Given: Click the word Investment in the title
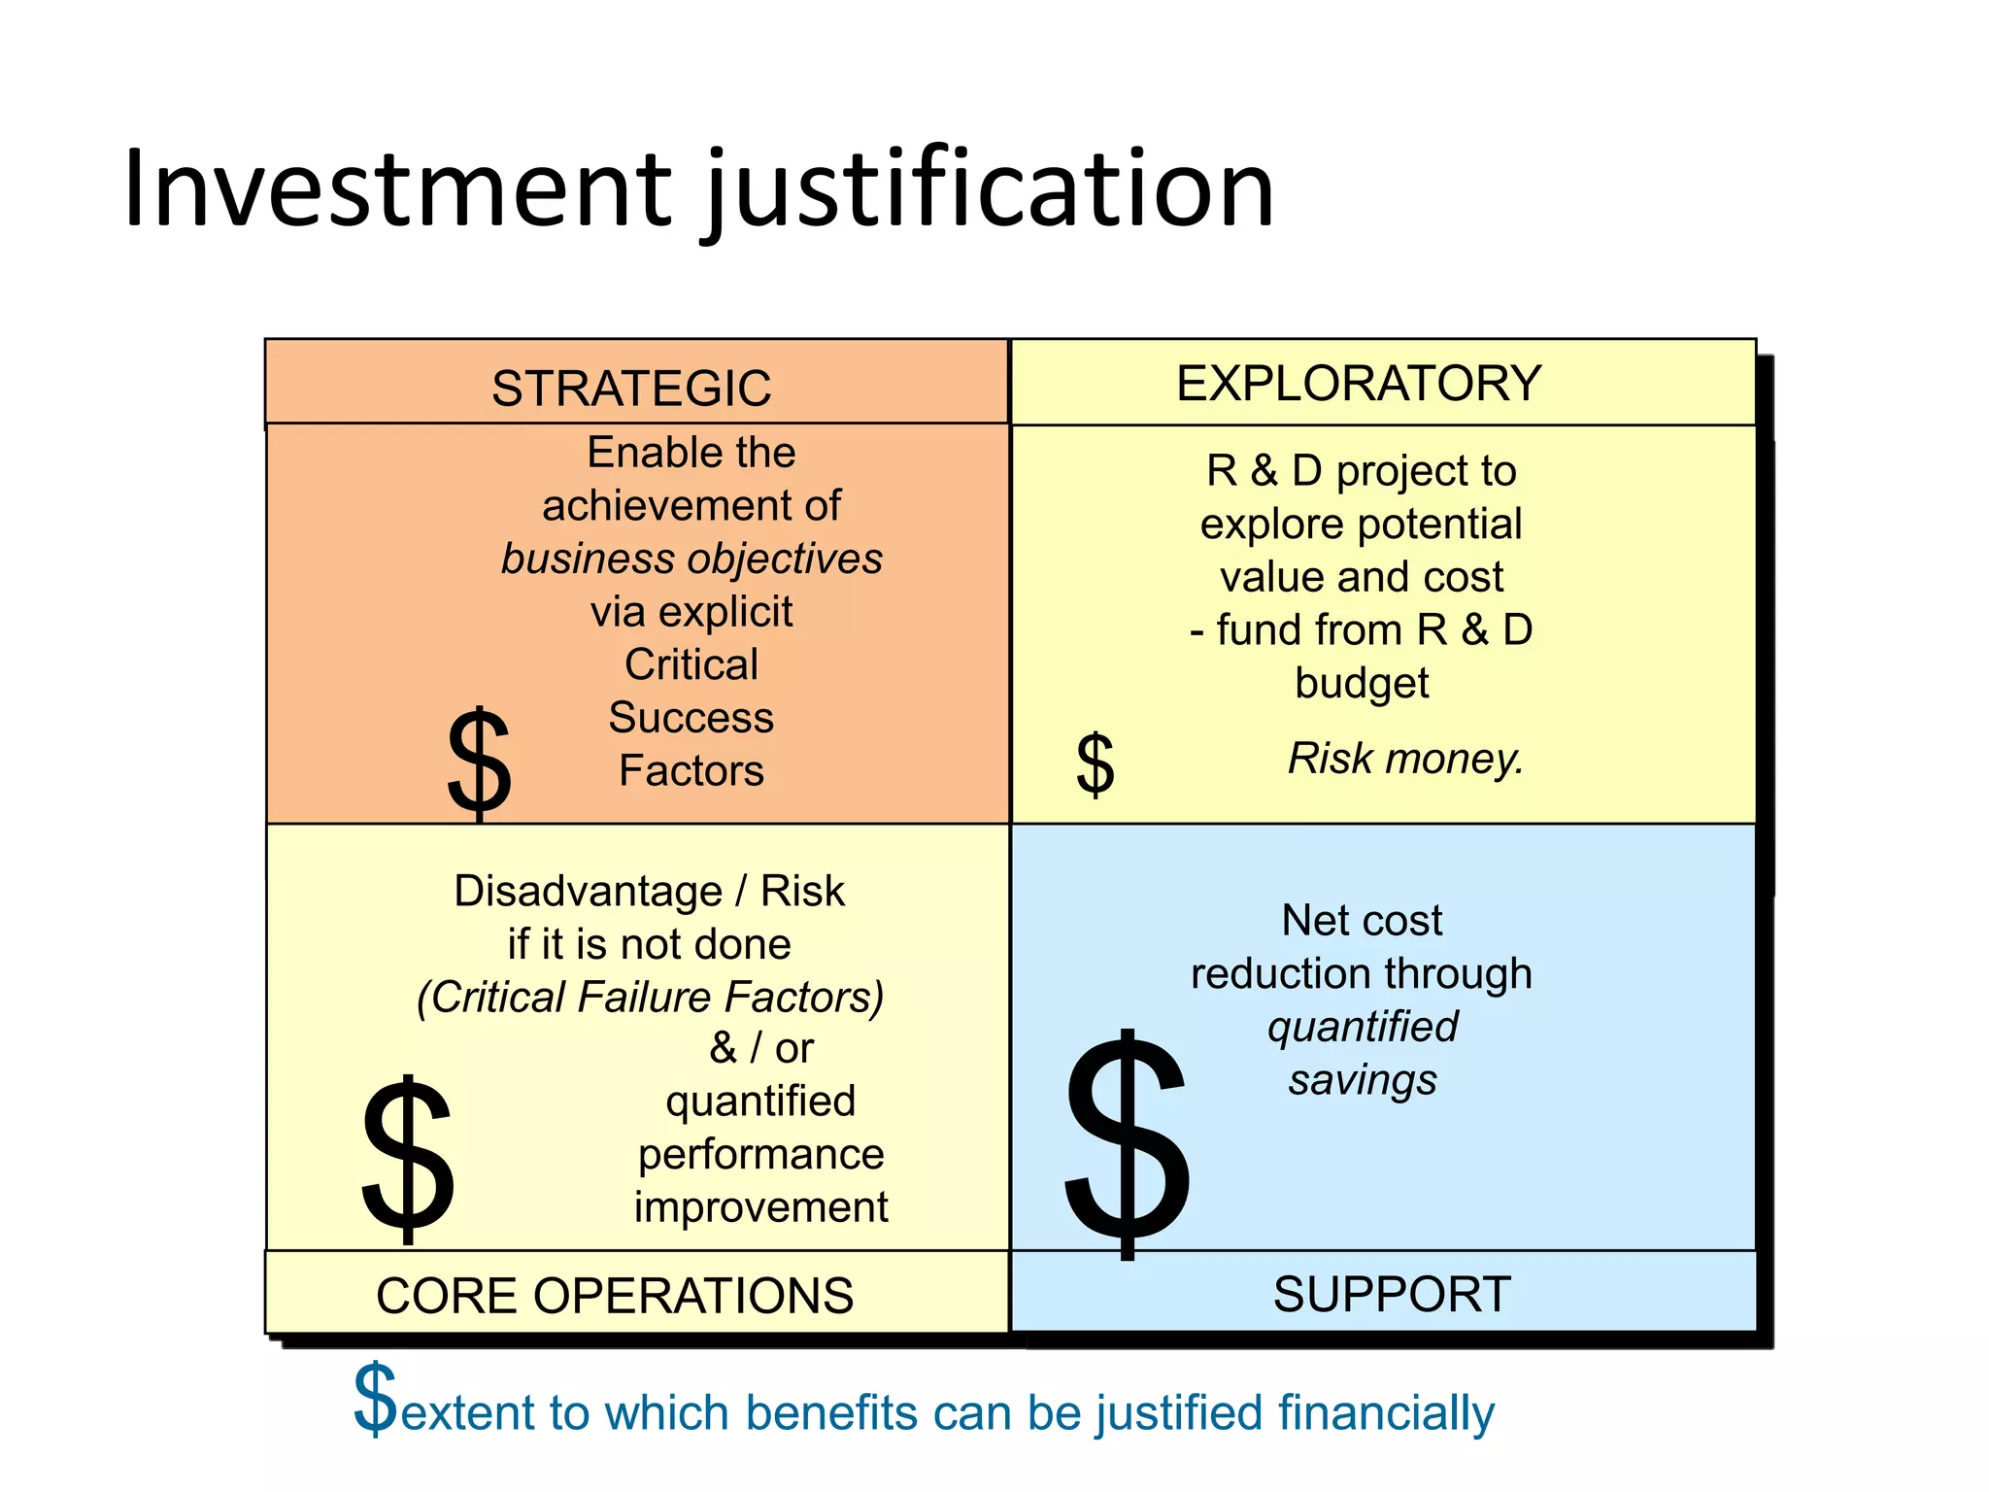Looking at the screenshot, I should pyautogui.click(x=398, y=189).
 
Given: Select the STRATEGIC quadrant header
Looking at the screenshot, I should pyautogui.click(x=631, y=389).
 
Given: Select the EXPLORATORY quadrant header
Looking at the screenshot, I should pyautogui.click(x=1359, y=384).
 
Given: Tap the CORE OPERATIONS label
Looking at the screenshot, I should pyautogui.click(x=615, y=1296).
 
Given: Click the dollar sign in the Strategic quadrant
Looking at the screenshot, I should pyautogui.click(x=479, y=763).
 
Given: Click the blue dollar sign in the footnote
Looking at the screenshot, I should pyautogui.click(x=375, y=1400).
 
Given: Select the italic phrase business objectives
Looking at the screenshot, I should pyautogui.click(x=691, y=559).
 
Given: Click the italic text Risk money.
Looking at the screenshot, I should pyautogui.click(x=1405, y=759).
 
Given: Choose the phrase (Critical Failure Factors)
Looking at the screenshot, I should pyautogui.click(x=651, y=998).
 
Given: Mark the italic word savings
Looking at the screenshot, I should pyautogui.click(x=1363, y=1080).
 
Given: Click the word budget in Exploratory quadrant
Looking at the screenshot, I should pyautogui.click(x=1362, y=684).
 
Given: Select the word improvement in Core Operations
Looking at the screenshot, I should pyautogui.click(x=760, y=1207).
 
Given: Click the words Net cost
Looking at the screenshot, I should pyautogui.click(x=1362, y=921).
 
